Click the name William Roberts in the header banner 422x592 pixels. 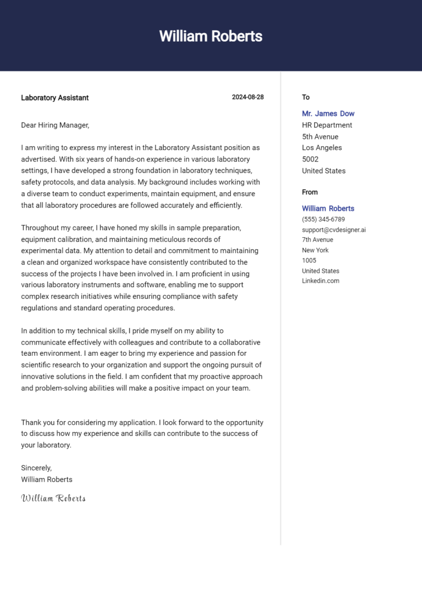(x=210, y=36)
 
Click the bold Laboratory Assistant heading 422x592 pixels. (x=54, y=98)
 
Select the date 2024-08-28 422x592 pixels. (x=247, y=97)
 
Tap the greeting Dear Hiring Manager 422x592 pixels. (x=55, y=125)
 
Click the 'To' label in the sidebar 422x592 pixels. (x=306, y=97)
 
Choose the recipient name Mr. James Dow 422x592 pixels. (x=328, y=114)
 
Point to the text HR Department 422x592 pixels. (x=327, y=125)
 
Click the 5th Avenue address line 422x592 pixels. (x=320, y=137)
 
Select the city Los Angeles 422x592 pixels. (x=321, y=148)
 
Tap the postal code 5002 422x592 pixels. (x=310, y=159)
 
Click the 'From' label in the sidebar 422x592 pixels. (x=309, y=192)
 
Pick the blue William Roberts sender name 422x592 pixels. (x=328, y=209)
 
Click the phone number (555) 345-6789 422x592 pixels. (x=323, y=219)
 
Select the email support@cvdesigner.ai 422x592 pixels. (x=334, y=230)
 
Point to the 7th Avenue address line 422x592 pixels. (x=317, y=239)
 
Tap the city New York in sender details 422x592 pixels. (x=315, y=250)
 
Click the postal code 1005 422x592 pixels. (x=309, y=260)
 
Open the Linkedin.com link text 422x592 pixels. (x=320, y=281)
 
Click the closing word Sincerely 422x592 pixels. (x=36, y=468)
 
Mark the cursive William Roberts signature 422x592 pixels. (x=53, y=498)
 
